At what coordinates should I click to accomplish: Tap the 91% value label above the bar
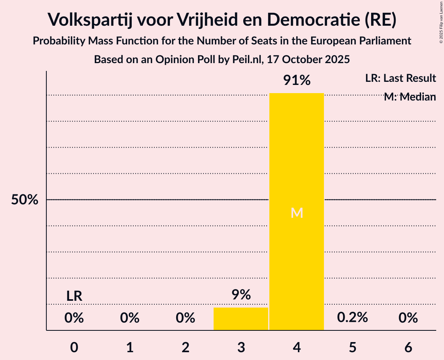(297, 81)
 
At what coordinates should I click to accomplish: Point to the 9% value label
(241, 295)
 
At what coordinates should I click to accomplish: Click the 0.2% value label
(352, 318)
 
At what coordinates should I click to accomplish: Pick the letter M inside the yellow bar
(297, 213)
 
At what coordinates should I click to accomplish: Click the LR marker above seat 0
(74, 296)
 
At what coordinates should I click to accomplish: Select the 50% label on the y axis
(25, 200)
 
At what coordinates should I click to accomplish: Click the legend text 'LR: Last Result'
(400, 78)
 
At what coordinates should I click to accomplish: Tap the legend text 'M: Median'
(410, 97)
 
